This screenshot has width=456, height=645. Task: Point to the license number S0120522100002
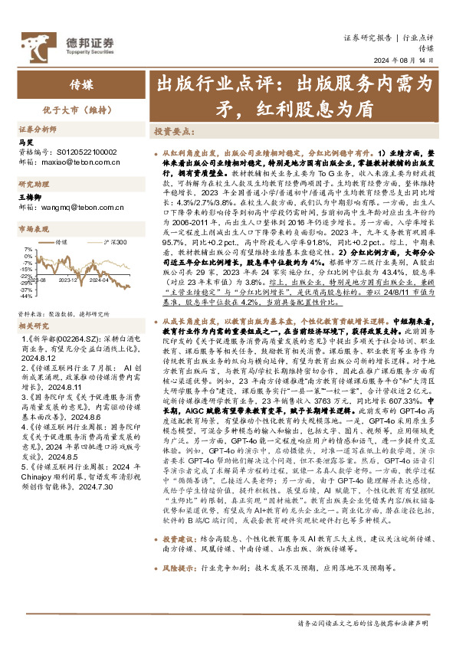pos(83,152)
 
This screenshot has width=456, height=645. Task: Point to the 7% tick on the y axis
pos(28,250)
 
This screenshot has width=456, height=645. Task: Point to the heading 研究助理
pos(34,184)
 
